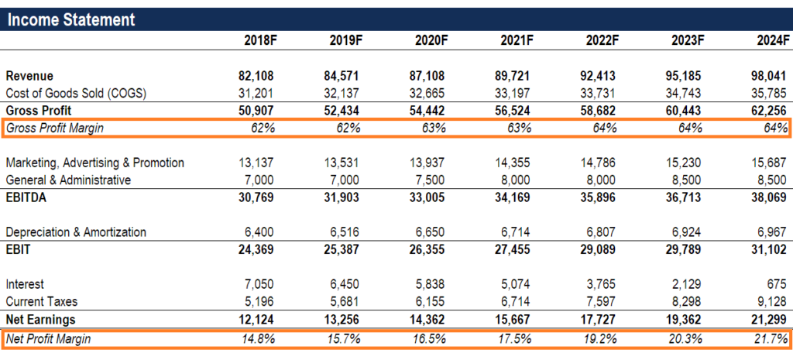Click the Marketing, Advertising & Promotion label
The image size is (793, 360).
(94, 163)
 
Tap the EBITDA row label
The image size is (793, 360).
(27, 197)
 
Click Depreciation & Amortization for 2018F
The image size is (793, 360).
(258, 232)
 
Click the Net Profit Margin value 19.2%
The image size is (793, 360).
(600, 338)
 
